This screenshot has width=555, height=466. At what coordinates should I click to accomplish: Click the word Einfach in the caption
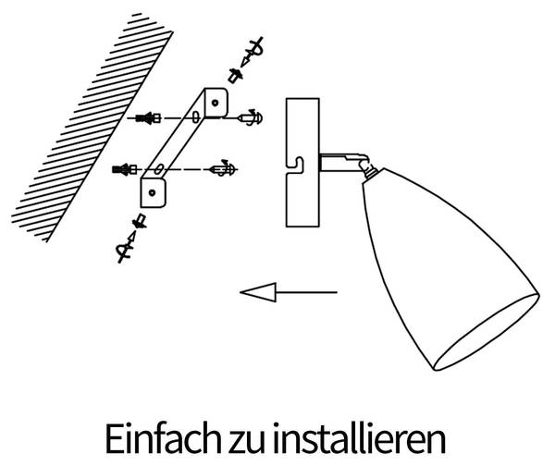tap(163, 438)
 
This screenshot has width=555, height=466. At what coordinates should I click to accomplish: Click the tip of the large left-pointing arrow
tap(240, 292)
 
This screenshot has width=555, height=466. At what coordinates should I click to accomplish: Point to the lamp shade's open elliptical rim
tap(487, 333)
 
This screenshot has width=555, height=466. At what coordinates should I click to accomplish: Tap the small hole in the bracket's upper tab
tap(215, 103)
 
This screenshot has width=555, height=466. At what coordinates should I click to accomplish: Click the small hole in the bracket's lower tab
tap(153, 193)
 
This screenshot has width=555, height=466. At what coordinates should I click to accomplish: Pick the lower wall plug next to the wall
tap(125, 169)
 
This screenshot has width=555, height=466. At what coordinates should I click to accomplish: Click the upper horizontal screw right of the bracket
tap(251, 117)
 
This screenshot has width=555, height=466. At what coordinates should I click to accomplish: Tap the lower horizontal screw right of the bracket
tap(223, 169)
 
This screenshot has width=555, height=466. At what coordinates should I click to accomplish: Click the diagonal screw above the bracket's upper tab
tap(253, 50)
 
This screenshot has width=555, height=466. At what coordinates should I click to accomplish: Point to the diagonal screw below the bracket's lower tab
tap(127, 248)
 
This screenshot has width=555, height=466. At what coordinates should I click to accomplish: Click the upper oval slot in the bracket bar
tap(196, 116)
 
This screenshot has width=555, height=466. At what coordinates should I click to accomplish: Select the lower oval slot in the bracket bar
tap(158, 169)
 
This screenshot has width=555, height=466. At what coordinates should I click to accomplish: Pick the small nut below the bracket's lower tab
tap(139, 221)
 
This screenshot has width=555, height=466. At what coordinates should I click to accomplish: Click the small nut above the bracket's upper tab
tap(235, 75)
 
